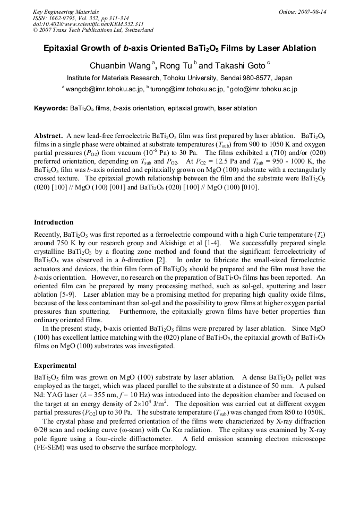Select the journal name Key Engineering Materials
[65, 12]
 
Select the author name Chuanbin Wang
[121, 66]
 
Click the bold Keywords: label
[51, 108]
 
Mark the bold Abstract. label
[49, 135]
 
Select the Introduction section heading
[54, 222]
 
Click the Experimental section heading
[55, 366]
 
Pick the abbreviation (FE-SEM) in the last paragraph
[50, 447]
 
